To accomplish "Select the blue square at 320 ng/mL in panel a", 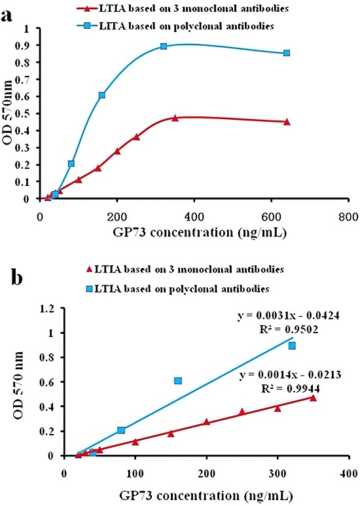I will pyautogui.click(x=164, y=46).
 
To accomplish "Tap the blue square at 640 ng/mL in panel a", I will pyautogui.click(x=287, y=53).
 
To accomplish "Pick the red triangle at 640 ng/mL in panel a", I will pyautogui.click(x=287, y=122).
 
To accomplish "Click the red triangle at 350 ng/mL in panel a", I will pyautogui.click(x=175, y=118).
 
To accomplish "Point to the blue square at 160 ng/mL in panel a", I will pyautogui.click(x=102, y=96).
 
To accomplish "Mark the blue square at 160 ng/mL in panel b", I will pyautogui.click(x=178, y=381).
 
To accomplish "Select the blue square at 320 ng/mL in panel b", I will pyautogui.click(x=292, y=346).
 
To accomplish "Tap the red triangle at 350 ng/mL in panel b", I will pyautogui.click(x=313, y=397).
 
